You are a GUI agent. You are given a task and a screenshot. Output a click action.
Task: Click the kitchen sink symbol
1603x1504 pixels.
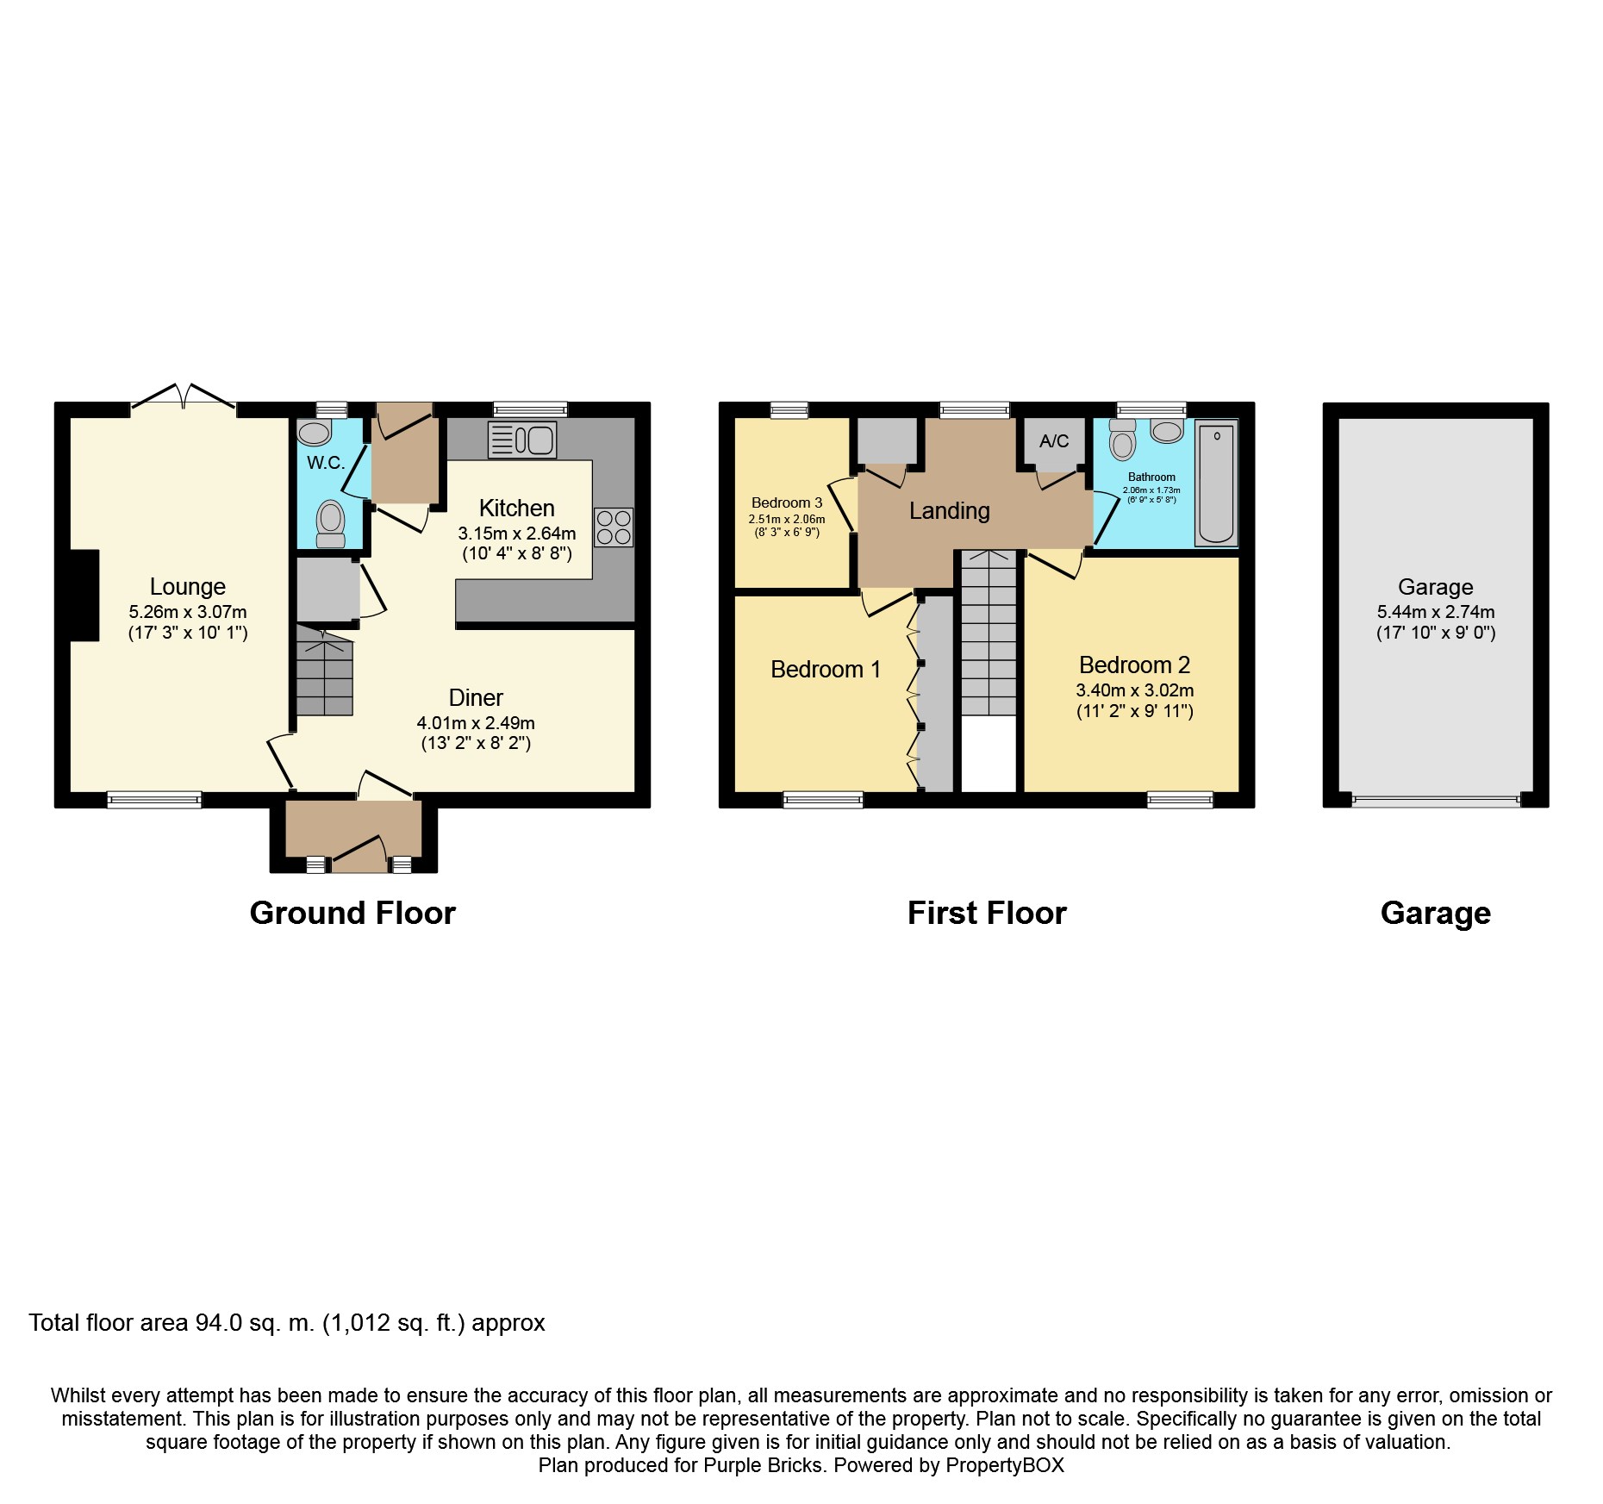[522, 440]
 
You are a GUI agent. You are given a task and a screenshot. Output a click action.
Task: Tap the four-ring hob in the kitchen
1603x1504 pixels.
[614, 527]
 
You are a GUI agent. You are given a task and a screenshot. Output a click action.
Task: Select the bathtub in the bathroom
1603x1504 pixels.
[1216, 484]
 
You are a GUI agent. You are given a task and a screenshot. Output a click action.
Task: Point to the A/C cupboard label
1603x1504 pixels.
[1054, 441]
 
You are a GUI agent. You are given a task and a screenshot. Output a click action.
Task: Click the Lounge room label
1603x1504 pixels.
[188, 587]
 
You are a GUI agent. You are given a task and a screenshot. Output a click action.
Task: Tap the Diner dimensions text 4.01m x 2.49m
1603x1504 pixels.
[476, 723]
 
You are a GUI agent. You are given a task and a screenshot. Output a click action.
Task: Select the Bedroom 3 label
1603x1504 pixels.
[787, 502]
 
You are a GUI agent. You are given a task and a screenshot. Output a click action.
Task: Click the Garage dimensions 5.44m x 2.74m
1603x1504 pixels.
[1436, 612]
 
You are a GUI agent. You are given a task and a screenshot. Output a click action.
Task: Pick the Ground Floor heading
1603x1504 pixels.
[352, 913]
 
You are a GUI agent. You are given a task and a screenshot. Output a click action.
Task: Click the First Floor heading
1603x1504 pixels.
[987, 913]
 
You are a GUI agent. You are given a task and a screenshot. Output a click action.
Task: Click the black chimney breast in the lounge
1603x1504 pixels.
[84, 596]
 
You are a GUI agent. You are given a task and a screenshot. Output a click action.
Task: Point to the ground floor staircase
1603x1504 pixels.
[325, 671]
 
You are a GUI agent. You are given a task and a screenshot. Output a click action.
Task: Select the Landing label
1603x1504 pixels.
[949, 511]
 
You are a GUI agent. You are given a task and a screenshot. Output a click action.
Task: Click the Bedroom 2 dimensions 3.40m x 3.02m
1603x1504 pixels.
[1135, 690]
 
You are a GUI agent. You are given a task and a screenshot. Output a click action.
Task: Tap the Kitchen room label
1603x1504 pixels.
[517, 508]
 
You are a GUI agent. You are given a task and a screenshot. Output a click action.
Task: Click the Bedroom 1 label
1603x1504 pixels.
[826, 670]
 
